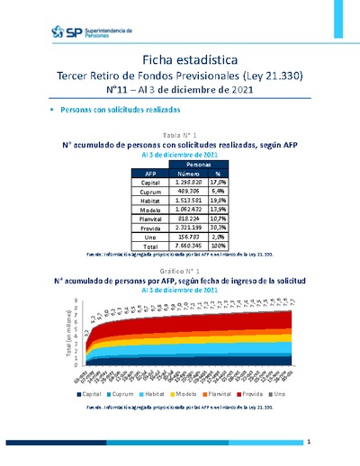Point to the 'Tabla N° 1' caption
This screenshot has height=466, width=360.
click(x=180, y=133)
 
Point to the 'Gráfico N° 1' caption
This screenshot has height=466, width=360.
click(x=180, y=270)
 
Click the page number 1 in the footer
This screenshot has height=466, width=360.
click(x=309, y=442)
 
